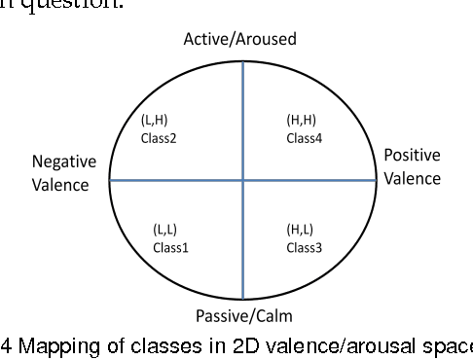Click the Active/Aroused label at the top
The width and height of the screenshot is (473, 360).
point(240,39)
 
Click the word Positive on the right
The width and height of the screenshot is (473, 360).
point(412,156)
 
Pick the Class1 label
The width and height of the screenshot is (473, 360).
point(170,247)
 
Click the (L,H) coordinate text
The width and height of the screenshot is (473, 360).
point(155,121)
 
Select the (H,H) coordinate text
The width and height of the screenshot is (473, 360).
point(299,121)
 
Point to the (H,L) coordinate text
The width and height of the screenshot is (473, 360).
point(298,230)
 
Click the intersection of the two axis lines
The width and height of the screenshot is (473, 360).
point(241,180)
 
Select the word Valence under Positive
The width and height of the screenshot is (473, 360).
point(412,178)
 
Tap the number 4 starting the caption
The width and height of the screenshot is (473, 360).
point(5,347)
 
